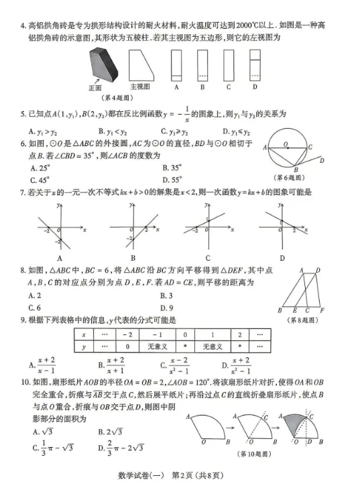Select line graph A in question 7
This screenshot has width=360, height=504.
tap(59, 228)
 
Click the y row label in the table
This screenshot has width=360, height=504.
tap(83, 346)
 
